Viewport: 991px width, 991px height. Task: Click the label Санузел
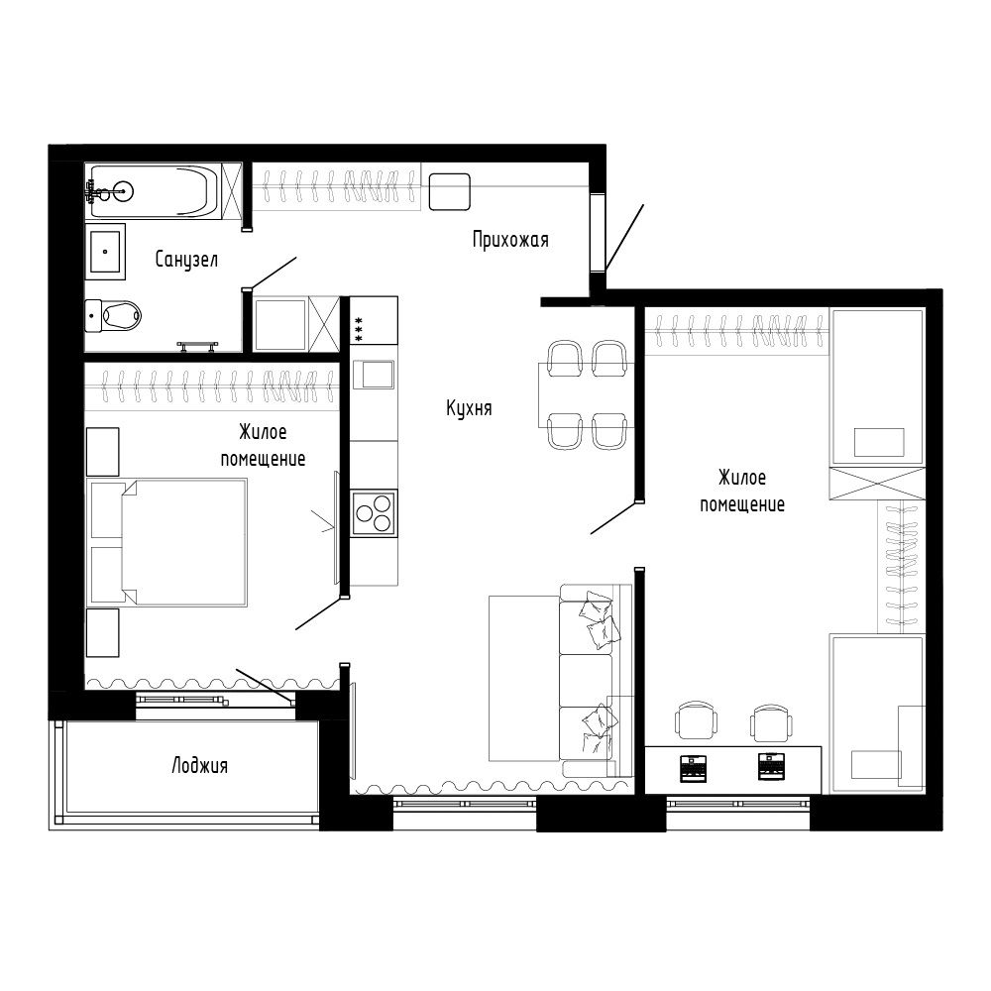click(x=186, y=260)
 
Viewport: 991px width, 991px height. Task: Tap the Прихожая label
click(x=510, y=239)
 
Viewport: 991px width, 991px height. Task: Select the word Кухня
click(x=469, y=408)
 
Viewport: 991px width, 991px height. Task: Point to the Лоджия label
click(x=199, y=765)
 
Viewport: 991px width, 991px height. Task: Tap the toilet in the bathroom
click(x=113, y=315)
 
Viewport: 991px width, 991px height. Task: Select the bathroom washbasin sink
click(x=105, y=251)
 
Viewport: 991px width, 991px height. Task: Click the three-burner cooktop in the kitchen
click(x=375, y=512)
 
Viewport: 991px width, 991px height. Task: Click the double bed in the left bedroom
click(x=168, y=541)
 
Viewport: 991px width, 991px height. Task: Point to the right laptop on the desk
click(x=773, y=764)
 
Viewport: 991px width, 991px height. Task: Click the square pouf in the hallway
click(x=449, y=191)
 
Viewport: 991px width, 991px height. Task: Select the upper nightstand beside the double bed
click(x=102, y=452)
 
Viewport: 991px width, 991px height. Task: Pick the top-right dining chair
click(x=609, y=357)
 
